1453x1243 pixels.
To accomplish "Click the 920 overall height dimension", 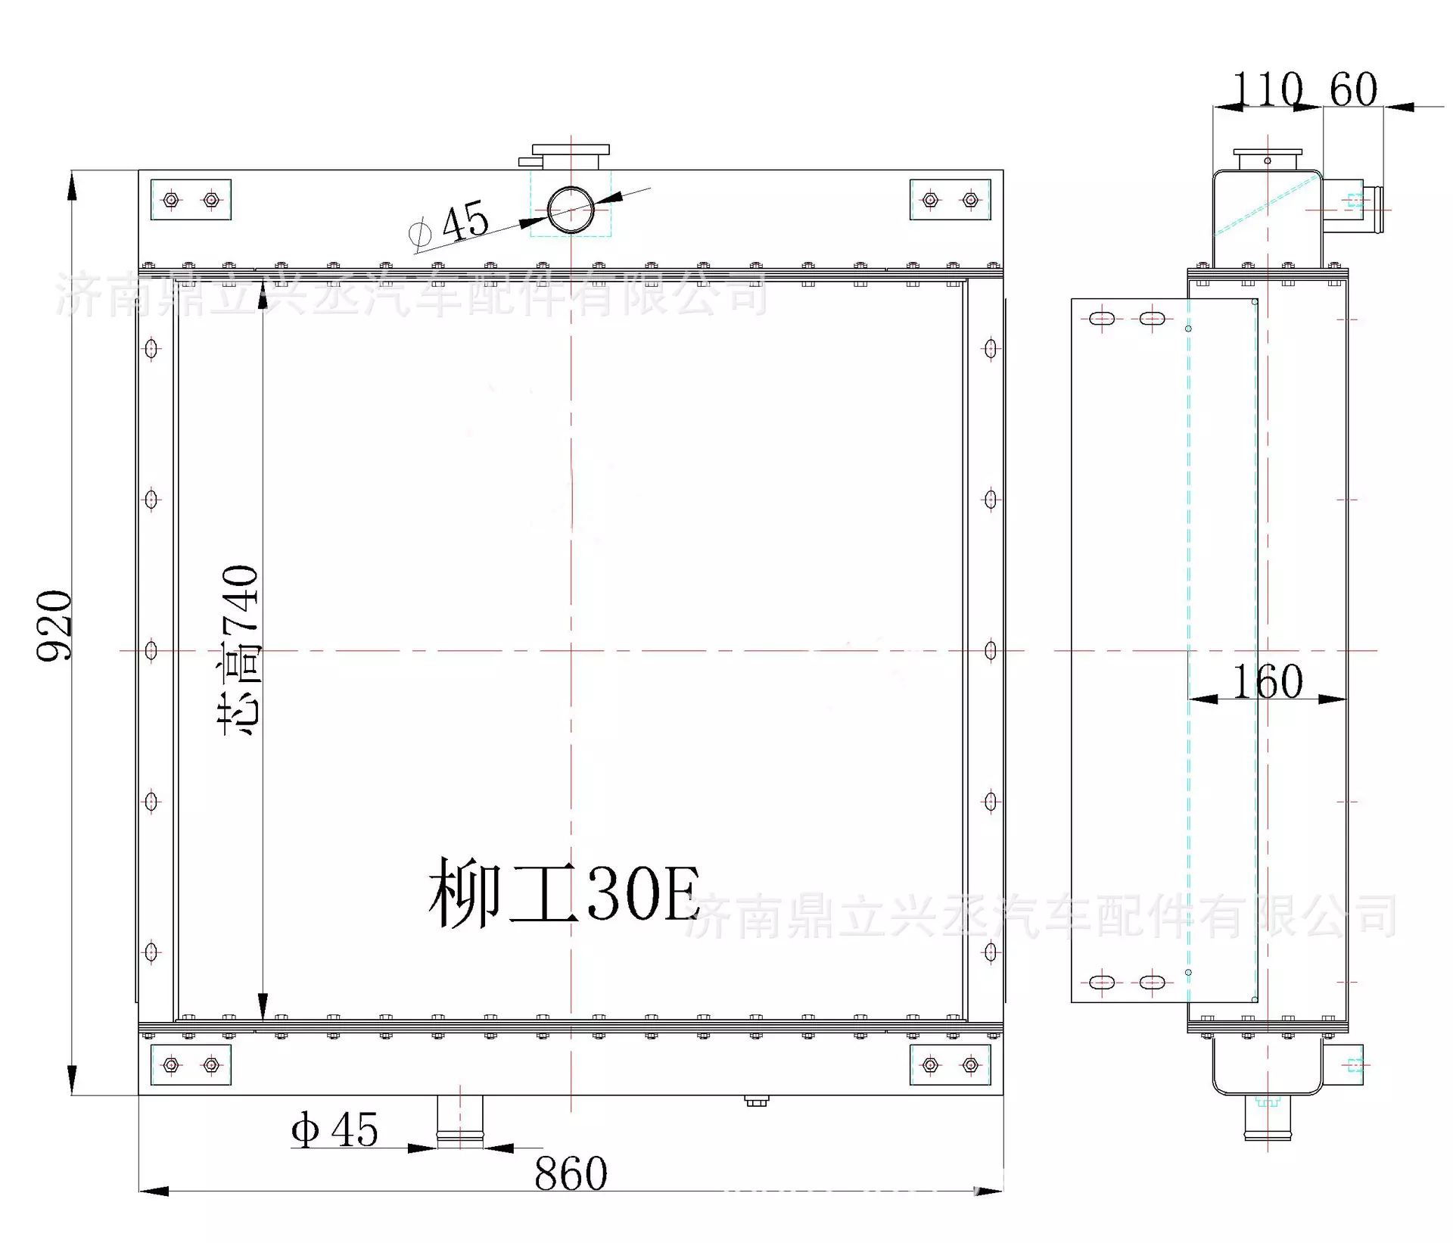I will (54, 625).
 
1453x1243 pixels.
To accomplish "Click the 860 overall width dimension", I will (571, 1174).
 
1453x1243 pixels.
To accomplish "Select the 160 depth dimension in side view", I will (1268, 682).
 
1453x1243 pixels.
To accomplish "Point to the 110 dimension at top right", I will (1268, 89).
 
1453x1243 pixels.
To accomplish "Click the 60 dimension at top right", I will (1353, 89).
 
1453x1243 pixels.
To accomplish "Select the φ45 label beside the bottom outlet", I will (334, 1130).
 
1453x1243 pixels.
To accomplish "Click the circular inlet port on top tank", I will (571, 210).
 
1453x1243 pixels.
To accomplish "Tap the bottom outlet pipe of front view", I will (460, 1120).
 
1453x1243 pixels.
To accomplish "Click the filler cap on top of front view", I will (571, 155).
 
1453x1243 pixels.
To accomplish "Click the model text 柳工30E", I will (564, 894).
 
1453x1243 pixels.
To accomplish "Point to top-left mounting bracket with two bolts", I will (191, 200).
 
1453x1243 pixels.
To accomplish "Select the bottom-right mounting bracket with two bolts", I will (950, 1065).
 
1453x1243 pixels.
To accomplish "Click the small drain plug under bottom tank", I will (756, 1101).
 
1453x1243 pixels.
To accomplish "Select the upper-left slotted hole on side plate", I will (1102, 319).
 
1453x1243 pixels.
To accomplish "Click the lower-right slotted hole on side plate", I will (1152, 983).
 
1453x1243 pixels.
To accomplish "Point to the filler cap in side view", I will (1268, 159).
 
